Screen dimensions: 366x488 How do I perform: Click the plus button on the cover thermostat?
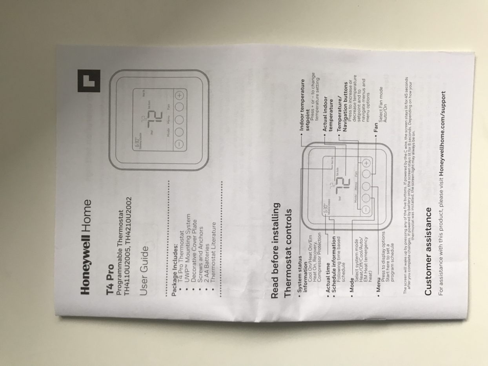179,95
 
